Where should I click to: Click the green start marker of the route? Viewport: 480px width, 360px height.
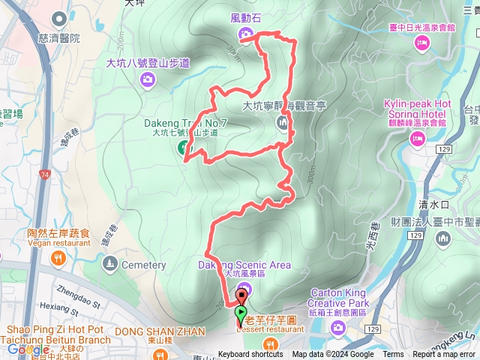point(241,313)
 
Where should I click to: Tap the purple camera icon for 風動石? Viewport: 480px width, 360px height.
point(245,34)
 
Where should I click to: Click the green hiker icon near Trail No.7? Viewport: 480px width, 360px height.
point(183,148)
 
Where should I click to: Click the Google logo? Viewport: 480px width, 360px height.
point(28,349)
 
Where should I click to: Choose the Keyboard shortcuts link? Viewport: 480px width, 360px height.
point(251,355)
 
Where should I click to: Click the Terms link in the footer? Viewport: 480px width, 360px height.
point(393,355)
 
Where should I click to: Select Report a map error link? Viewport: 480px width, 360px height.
point(443,355)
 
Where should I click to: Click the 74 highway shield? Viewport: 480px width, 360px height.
point(45,175)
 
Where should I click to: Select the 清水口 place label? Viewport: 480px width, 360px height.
point(433,203)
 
